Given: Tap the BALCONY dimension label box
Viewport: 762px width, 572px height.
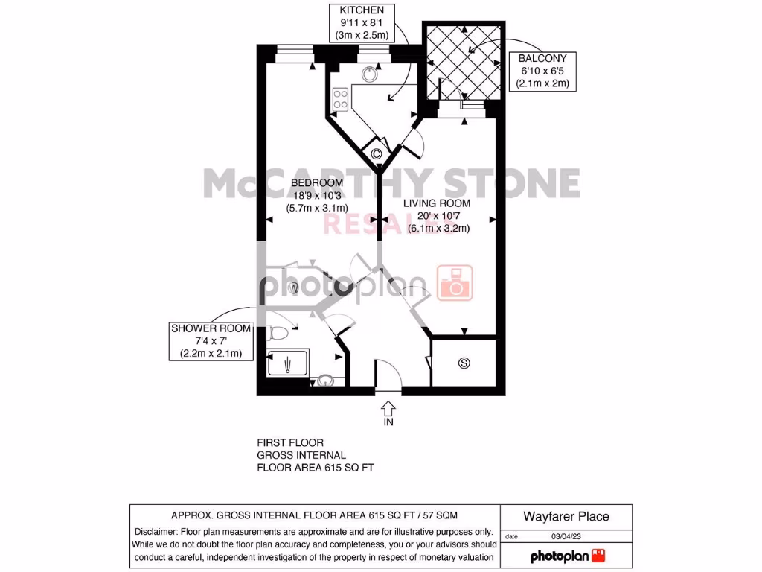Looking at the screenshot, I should (x=542, y=71).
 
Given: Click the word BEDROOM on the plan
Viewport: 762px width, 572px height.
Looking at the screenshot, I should (x=316, y=182).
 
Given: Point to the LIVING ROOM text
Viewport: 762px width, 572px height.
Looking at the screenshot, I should (x=437, y=203).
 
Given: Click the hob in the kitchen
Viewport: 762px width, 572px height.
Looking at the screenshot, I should (x=341, y=99).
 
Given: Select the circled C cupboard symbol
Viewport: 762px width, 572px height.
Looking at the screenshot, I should (x=377, y=155).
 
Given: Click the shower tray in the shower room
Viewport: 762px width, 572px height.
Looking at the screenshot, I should (x=287, y=364).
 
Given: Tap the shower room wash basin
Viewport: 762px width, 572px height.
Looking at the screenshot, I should (x=325, y=381).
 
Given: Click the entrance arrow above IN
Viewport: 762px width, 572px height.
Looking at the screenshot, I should (x=388, y=408).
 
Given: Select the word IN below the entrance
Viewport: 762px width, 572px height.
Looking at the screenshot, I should (x=388, y=422).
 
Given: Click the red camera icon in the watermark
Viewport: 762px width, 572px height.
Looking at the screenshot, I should (x=455, y=283).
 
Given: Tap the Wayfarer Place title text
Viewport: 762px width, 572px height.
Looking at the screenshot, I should (x=566, y=516).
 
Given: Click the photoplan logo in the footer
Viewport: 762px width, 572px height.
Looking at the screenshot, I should (x=567, y=556).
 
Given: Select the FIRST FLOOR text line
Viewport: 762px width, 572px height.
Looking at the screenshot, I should (x=290, y=442).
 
